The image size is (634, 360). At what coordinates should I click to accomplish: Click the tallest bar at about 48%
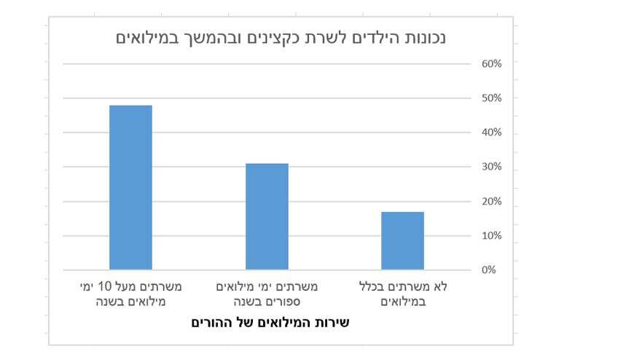point(130,187)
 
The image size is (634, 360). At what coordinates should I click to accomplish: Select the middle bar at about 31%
point(267,216)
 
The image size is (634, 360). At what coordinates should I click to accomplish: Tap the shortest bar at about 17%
point(402,240)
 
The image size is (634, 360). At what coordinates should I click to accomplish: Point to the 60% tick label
point(491,64)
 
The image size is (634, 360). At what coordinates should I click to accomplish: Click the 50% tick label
point(491,98)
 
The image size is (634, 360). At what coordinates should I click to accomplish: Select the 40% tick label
point(491,133)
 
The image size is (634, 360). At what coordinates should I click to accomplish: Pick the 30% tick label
point(491,167)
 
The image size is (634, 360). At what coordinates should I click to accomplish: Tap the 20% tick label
point(491,201)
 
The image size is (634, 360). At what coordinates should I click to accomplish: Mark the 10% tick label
point(491,235)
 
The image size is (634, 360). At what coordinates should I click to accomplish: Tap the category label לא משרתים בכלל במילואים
point(402,294)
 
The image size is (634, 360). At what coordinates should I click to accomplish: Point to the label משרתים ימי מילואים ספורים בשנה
point(267,294)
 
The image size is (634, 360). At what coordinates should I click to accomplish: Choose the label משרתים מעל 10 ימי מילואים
point(130,294)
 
